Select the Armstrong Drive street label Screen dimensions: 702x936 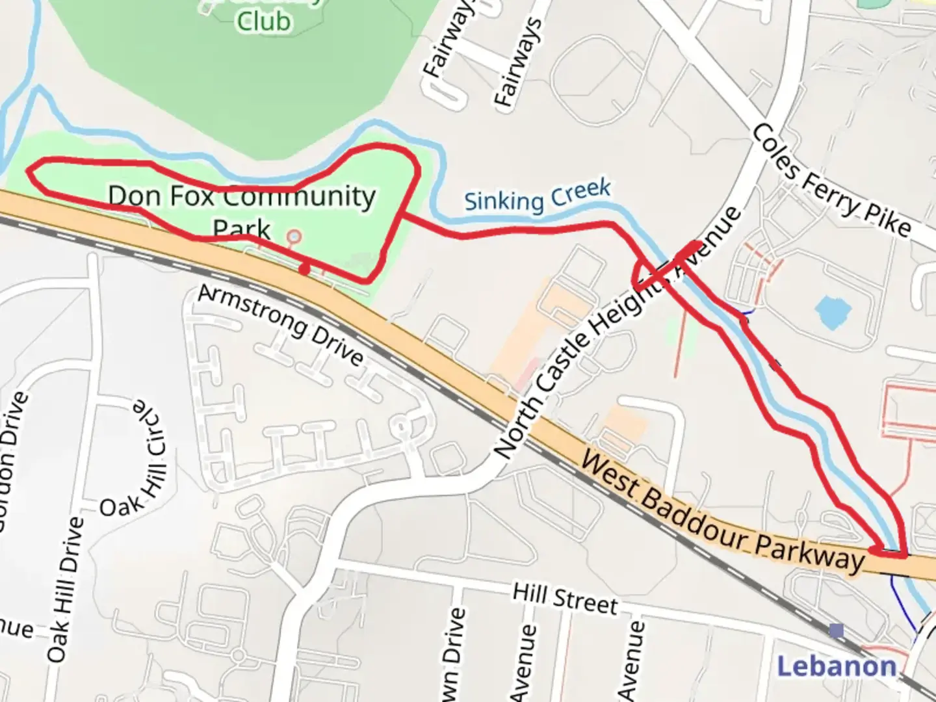[x=281, y=325]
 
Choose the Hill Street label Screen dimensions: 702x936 [x=565, y=599]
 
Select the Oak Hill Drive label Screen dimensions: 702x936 [x=67, y=588]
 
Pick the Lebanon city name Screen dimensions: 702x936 [x=837, y=666]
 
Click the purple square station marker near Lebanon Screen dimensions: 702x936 [x=837, y=630]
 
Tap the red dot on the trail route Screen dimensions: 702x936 [x=304, y=268]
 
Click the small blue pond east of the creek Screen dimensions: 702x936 [x=833, y=313]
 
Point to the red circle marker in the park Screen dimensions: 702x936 [x=294, y=236]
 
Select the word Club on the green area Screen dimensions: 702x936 [x=263, y=21]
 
